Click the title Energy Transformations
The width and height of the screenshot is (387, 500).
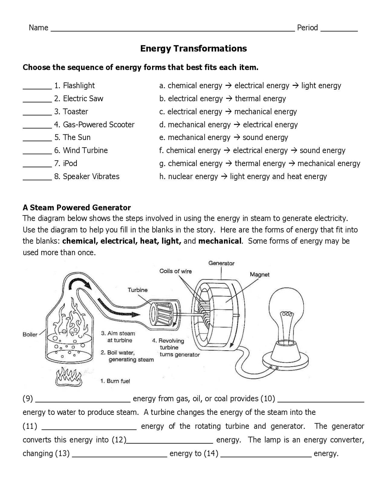coord(193,49)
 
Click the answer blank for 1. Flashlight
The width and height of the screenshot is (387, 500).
coord(37,87)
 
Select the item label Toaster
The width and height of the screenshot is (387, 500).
coord(75,112)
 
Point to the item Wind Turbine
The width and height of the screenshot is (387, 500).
coord(85,150)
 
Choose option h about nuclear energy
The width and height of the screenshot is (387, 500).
coord(243,177)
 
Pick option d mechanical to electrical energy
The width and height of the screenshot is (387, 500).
coord(229,125)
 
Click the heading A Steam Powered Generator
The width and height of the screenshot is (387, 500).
coord(77,208)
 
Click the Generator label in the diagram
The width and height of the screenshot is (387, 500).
coord(221,263)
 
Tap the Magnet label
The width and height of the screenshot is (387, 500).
coord(259,275)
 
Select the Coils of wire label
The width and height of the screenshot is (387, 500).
coord(175,271)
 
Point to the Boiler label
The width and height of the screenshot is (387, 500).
coord(30,335)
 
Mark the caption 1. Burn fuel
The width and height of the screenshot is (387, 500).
coord(115,381)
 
